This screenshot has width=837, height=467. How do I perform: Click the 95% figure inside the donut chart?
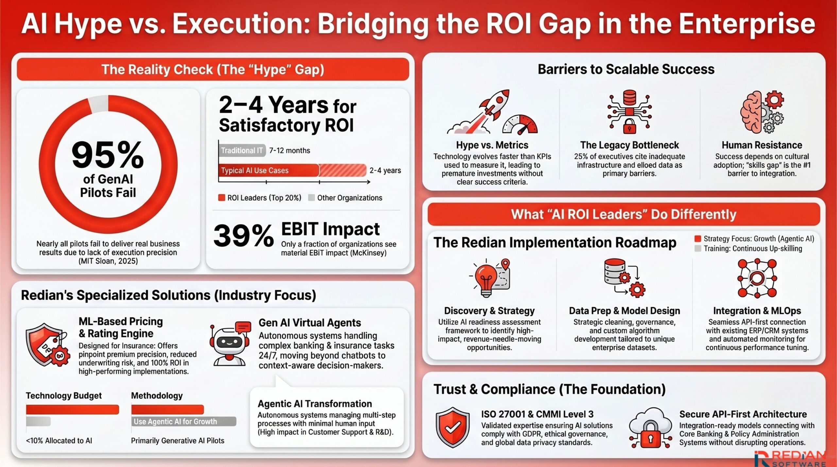point(108,155)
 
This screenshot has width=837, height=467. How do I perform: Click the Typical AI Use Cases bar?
point(268,170)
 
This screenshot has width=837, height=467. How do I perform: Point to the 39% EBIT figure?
point(244,236)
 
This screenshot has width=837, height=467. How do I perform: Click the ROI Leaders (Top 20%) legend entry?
point(260,198)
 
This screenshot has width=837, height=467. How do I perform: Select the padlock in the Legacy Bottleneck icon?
point(629,126)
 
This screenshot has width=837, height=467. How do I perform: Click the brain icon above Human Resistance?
point(752,113)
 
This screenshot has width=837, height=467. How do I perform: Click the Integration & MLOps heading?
point(757,311)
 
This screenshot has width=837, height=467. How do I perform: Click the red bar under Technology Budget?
point(72,409)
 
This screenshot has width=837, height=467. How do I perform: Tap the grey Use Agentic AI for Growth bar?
point(183,422)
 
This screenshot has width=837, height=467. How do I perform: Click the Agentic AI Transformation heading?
point(315,404)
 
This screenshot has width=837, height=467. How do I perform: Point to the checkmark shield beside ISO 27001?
point(453,427)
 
